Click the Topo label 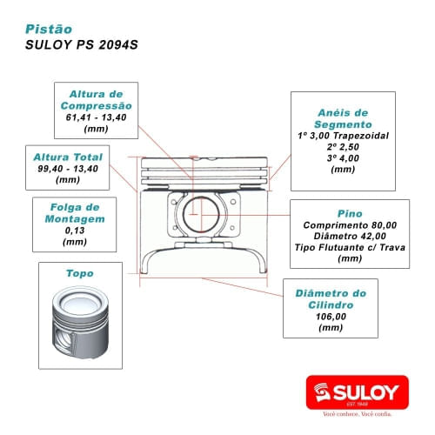click(80, 273)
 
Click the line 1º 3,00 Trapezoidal click(343, 137)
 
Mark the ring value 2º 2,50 click(343, 148)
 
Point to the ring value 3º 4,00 click(343, 159)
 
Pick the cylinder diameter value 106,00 click(331, 318)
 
